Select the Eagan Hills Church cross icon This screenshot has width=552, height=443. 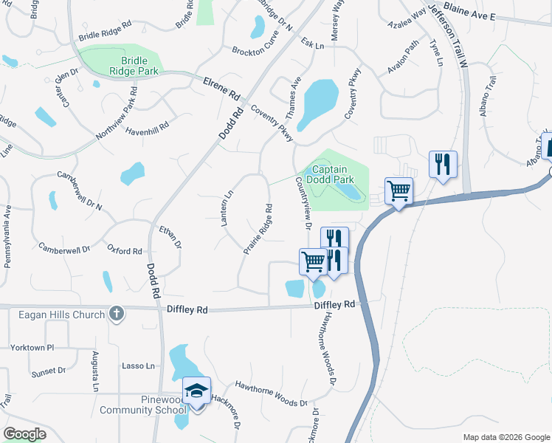point(116,314)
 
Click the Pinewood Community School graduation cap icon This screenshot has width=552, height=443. point(197,391)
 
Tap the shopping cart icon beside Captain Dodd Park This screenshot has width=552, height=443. point(399,191)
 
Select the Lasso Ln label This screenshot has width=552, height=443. point(139,365)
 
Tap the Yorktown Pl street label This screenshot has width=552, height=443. point(32,347)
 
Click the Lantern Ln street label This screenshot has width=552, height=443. point(228,207)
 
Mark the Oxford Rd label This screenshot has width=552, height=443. point(124,250)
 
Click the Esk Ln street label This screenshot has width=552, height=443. point(313,45)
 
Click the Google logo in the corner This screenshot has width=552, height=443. point(24,434)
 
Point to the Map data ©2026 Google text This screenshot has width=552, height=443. point(505,437)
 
